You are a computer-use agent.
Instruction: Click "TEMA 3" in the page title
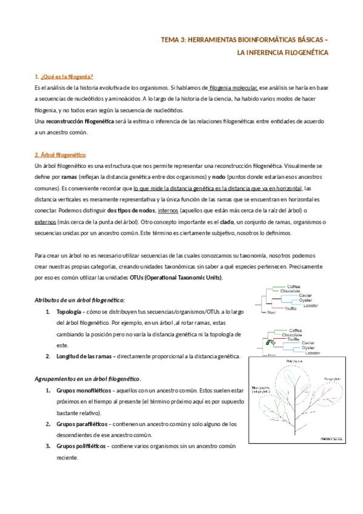click(x=173, y=40)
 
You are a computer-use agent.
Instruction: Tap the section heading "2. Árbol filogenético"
click(x=61, y=155)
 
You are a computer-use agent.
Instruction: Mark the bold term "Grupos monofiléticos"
click(x=82, y=390)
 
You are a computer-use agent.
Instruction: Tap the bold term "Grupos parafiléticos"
click(x=81, y=424)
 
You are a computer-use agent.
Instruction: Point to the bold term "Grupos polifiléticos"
click(x=81, y=446)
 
